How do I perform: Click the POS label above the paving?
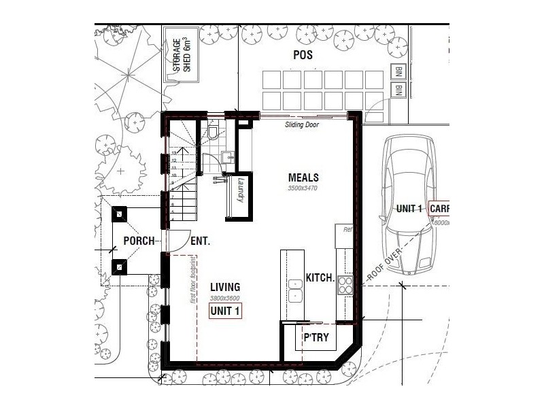(303, 55)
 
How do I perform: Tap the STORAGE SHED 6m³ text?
(182, 56)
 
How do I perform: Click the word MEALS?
(303, 177)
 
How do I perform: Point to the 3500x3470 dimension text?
(303, 188)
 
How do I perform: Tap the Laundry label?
(240, 189)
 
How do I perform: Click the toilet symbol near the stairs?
(213, 131)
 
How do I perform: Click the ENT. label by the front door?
(200, 241)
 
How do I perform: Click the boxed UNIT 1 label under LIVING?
(225, 311)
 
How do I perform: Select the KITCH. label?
(320, 278)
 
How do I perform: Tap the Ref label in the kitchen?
(347, 230)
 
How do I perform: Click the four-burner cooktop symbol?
(345, 284)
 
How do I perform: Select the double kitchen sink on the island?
(295, 290)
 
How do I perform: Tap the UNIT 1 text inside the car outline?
(410, 209)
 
